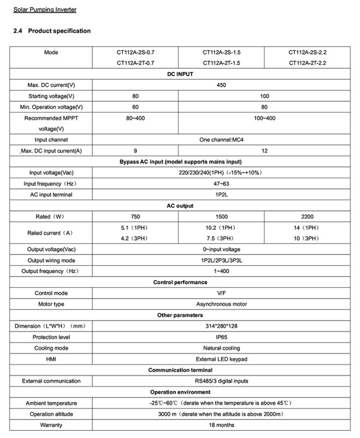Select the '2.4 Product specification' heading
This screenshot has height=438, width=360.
52,31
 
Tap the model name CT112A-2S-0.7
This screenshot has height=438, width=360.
135,52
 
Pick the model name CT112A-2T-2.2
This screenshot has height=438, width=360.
308,63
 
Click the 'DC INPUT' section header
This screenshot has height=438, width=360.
180,75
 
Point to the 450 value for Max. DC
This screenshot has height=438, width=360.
222,85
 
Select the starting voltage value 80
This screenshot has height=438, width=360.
135,96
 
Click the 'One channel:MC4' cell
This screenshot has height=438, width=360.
221,139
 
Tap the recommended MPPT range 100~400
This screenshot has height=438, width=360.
264,118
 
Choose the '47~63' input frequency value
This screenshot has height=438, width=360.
222,184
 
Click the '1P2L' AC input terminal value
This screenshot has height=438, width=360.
222,195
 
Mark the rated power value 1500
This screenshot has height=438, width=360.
221,217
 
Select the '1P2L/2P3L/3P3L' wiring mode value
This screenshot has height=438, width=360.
222,261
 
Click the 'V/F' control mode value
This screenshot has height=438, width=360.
222,293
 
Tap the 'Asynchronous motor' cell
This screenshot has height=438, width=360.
222,304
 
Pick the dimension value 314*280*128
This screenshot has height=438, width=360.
222,326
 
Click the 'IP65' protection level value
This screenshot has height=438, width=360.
222,337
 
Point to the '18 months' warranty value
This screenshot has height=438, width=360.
222,425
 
